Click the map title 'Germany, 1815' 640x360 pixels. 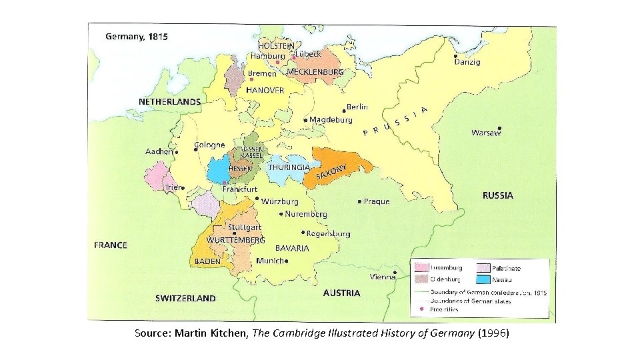pyautogui.click(x=137, y=37)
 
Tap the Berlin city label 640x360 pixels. pyautogui.click(x=357, y=107)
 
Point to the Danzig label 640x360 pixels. pyautogui.click(x=467, y=62)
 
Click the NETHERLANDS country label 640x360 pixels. pyautogui.click(x=169, y=102)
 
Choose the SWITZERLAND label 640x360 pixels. pyautogui.click(x=185, y=298)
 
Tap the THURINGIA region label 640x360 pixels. pyautogui.click(x=288, y=167)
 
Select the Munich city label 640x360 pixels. pyautogui.click(x=269, y=261)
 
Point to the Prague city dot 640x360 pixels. pyautogui.click(x=360, y=201)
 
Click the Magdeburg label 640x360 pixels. pyautogui.click(x=331, y=120)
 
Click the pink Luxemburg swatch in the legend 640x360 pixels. pyautogui.click(x=421, y=267)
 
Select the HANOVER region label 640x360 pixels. pyautogui.click(x=265, y=89)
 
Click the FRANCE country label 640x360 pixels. pyautogui.click(x=111, y=245)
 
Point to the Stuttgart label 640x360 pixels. pyautogui.click(x=244, y=227)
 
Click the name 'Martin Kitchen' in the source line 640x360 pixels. pyautogui.click(x=211, y=332)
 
